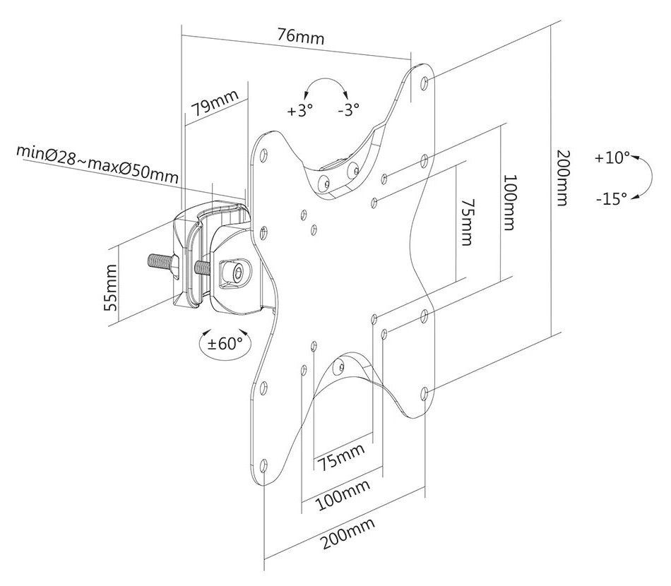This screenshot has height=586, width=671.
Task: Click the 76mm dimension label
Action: pyautogui.click(x=301, y=36)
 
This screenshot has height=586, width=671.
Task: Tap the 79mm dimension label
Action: pyautogui.click(x=214, y=103)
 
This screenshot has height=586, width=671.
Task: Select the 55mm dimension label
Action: pyautogui.click(x=110, y=287)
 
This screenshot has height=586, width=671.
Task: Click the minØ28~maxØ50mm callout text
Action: pyautogui.click(x=97, y=163)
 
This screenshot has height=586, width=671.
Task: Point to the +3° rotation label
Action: pyautogui.click(x=300, y=111)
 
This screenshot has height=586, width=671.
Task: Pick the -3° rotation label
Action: pyautogui.click(x=348, y=110)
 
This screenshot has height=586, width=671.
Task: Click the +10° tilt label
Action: pyautogui.click(x=612, y=158)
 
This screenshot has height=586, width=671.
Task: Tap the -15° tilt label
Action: pyautogui.click(x=612, y=198)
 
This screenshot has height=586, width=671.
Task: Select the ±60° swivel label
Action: pyautogui.click(x=225, y=343)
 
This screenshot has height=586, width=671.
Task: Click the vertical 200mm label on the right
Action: pyautogui.click(x=562, y=177)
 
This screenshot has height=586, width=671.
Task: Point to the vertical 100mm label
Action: pyautogui.click(x=509, y=202)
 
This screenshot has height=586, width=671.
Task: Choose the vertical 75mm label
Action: pyautogui.click(x=467, y=222)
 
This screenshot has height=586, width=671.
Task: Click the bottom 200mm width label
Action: pyautogui.click(x=348, y=533)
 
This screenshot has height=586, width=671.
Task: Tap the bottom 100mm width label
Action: pyautogui.click(x=343, y=496)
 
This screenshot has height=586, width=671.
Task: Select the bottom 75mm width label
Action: pyautogui.click(x=340, y=456)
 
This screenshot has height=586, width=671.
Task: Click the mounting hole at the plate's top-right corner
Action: pyautogui.click(x=424, y=82)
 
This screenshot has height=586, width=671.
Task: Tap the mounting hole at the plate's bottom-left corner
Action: pyautogui.click(x=263, y=465)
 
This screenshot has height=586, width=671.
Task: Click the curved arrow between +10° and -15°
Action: pyautogui.click(x=651, y=177)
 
